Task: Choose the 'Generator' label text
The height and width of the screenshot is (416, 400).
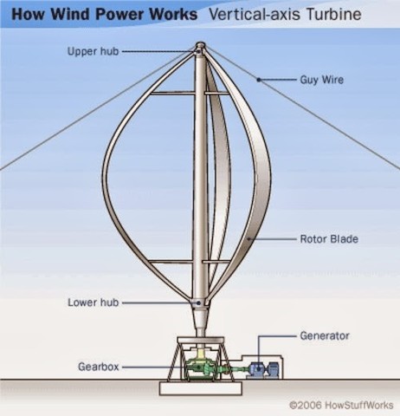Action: click(325, 334)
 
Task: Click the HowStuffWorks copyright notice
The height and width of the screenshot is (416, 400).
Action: click(340, 404)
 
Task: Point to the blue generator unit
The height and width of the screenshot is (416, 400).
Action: click(259, 367)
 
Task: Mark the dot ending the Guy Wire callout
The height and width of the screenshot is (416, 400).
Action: click(257, 80)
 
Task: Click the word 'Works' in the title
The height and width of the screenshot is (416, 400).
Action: click(165, 16)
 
